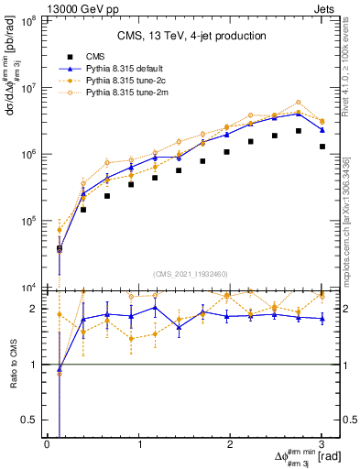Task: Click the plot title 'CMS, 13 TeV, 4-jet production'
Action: coord(191,37)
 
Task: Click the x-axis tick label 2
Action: coord(230,444)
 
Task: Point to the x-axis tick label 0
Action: coord(47,444)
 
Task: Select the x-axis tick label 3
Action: coord(322,444)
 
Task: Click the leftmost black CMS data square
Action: coord(60,248)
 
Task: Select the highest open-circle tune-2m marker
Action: coord(299,103)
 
